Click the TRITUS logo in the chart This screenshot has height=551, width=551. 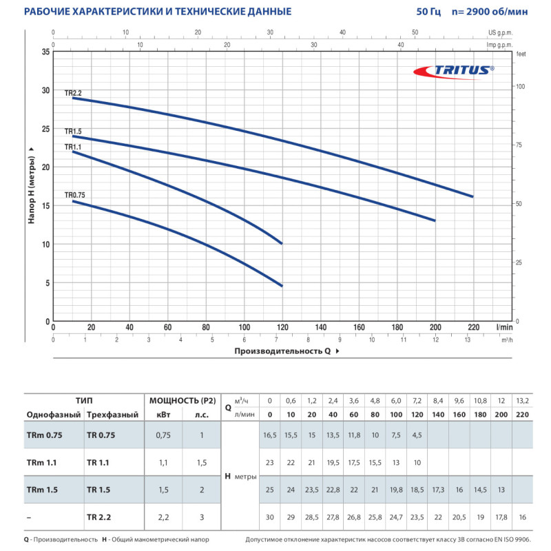455,70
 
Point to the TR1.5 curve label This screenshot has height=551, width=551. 74,131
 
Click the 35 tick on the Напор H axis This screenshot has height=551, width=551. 45,52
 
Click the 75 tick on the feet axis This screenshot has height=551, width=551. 521,145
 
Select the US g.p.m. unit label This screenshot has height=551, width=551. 501,32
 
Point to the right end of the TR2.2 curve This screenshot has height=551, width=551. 472,196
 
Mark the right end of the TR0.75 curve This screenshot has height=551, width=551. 282,285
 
